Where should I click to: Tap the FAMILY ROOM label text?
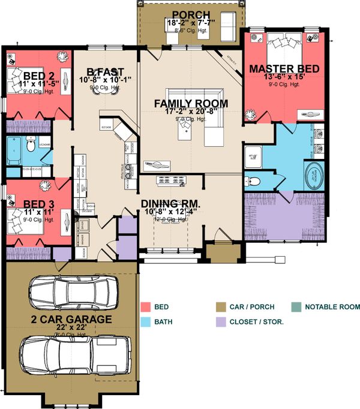click(x=191, y=104)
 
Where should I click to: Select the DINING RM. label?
click(x=171, y=203)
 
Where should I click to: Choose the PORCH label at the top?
click(x=191, y=15)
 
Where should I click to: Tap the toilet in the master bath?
click(x=253, y=182)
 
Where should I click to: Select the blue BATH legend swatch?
click(x=147, y=322)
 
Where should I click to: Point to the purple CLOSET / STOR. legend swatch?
click(x=221, y=322)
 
